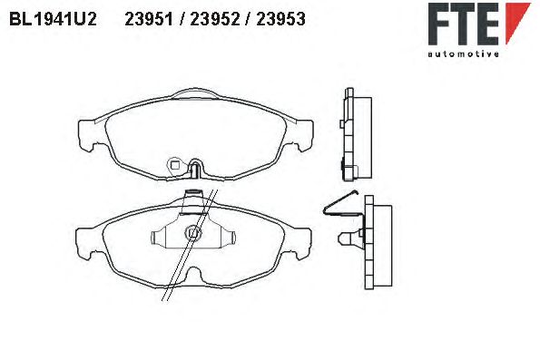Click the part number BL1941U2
click(x=53, y=19)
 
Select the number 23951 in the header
click(x=149, y=19)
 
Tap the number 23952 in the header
click(x=215, y=19)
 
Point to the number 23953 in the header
click(x=280, y=19)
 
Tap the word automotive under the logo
click(x=464, y=54)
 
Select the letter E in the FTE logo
click(x=487, y=24)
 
